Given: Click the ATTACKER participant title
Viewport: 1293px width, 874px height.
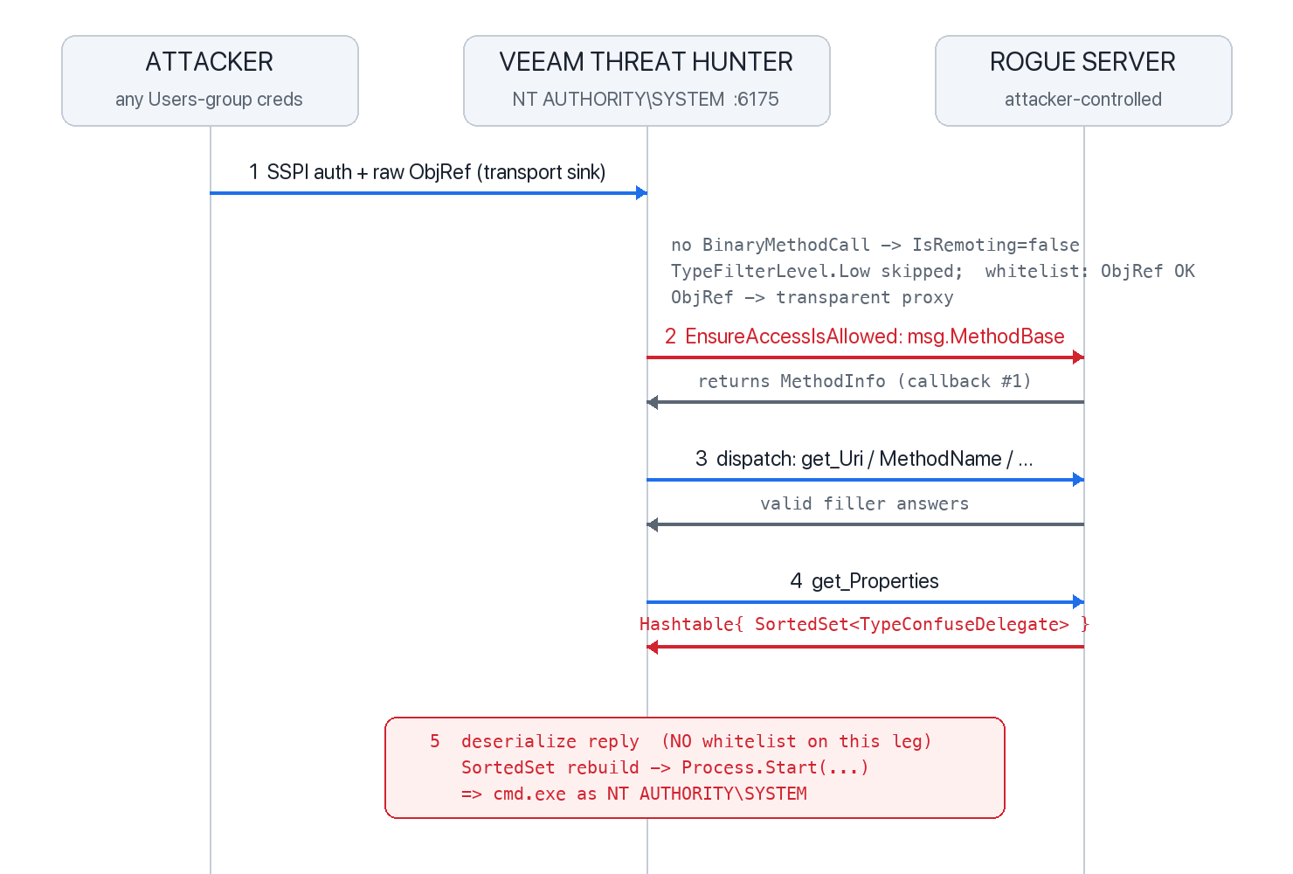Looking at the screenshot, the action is tap(209, 62).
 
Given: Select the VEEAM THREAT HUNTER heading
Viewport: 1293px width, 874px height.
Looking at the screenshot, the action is tap(646, 62).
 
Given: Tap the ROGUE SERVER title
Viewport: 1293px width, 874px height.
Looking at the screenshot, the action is tap(1082, 62).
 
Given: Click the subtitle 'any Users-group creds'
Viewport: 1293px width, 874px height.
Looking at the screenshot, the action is tap(209, 100).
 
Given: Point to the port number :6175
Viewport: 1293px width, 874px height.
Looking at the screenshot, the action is tap(757, 100).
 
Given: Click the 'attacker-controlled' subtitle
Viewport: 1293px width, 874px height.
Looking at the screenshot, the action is tap(1083, 100).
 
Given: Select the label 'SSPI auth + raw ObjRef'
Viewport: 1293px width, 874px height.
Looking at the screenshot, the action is tap(369, 172).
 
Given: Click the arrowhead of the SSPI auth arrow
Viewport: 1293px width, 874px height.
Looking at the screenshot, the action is tap(641, 193).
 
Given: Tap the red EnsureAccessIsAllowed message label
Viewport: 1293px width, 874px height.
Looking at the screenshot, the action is tap(864, 336).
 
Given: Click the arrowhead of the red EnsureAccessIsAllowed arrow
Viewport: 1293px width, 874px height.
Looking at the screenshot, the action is tap(1078, 357).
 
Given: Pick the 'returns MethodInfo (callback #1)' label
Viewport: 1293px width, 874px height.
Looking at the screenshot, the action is tap(864, 381).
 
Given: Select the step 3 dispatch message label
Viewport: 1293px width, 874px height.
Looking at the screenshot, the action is tap(864, 458).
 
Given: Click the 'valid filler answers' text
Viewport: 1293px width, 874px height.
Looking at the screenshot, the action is tap(864, 503).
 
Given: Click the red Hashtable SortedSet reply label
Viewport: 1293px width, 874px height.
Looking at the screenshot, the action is tap(864, 624).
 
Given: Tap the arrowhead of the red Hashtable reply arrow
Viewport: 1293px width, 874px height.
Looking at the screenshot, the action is tap(653, 647).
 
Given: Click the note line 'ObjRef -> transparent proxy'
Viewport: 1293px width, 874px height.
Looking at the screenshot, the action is tap(812, 297).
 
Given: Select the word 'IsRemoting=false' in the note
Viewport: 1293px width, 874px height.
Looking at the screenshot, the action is tap(995, 245).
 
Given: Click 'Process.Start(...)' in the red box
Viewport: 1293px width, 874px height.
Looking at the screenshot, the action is tap(775, 767).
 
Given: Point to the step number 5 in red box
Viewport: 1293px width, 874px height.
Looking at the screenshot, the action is tap(435, 741).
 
